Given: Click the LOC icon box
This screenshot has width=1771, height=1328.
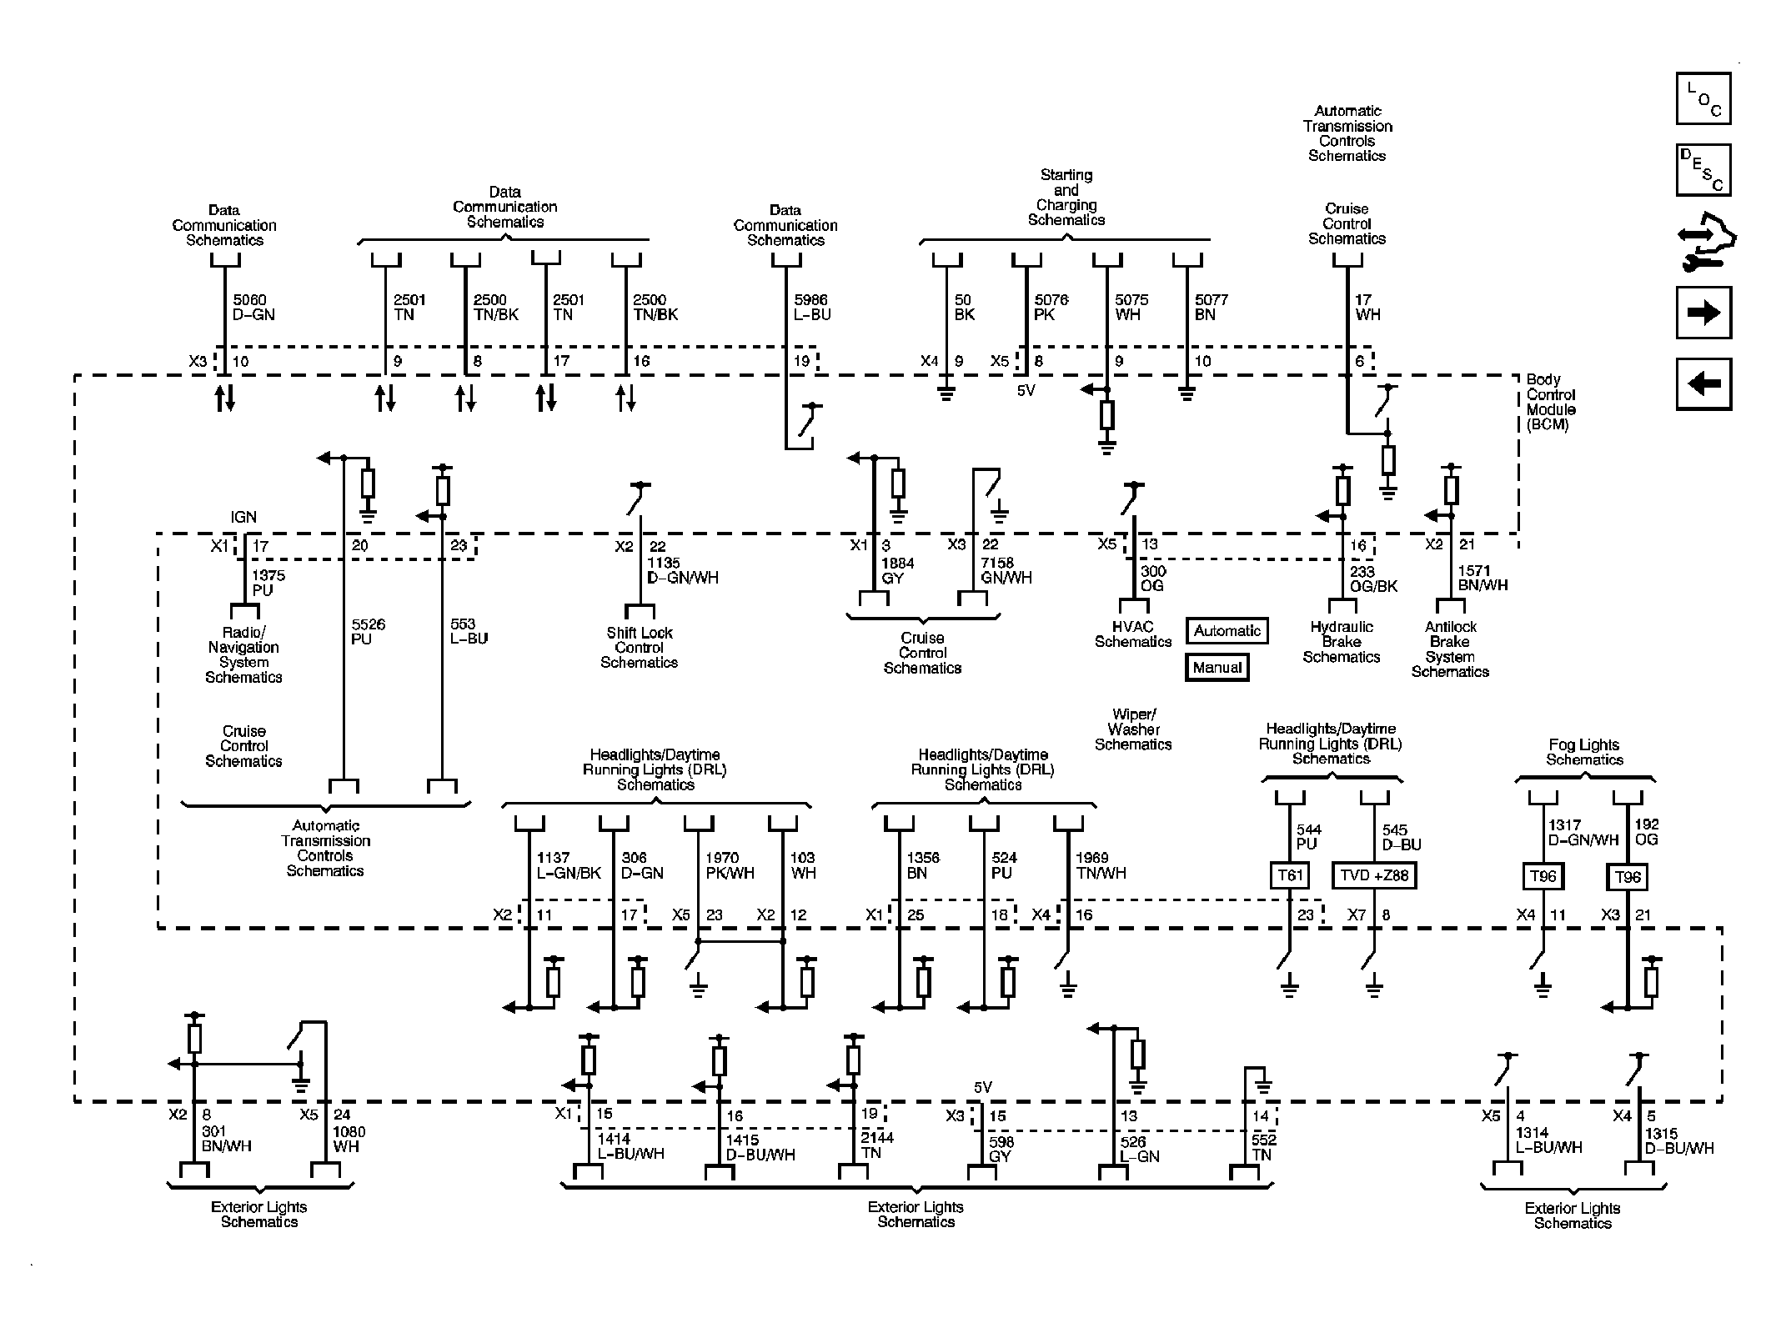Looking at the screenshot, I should pos(1703,98).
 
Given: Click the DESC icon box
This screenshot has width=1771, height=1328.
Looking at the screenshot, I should pos(1703,170).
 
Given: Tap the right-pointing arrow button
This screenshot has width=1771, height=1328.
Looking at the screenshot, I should pos(1703,313).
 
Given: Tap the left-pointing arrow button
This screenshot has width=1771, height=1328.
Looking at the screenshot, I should pos(1703,383).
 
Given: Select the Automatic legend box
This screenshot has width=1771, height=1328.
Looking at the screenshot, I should pos(1227,631).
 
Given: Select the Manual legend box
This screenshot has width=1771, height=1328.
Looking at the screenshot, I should pos(1217,668).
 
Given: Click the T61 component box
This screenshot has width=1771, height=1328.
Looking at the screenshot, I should pos(1289,875).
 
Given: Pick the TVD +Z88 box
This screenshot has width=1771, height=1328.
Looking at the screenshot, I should pos(1374,875).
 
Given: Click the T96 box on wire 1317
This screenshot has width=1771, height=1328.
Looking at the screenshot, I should pos(1543,876).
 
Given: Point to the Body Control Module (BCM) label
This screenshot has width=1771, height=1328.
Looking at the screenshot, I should pos(1551,402).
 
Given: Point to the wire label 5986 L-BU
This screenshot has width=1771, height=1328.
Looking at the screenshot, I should pos(812,307).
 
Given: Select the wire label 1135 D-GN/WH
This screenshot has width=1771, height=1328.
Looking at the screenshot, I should pos(682,570).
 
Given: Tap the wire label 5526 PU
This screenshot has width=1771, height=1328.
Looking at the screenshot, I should pos(368,631).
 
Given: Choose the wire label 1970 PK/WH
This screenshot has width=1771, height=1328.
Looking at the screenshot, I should pos(730,865).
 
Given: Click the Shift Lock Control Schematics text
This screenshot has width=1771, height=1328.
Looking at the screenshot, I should pos(639,648).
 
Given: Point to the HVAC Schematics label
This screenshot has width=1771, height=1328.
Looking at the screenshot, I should pos(1132,634).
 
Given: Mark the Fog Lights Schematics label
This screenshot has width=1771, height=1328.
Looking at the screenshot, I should pos(1584,752).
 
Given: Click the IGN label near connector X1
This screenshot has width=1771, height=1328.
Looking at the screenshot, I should pos(243,517).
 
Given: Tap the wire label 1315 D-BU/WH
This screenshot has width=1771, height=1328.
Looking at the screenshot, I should pos(1678,1140).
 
